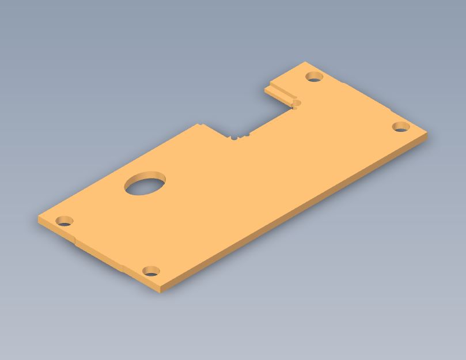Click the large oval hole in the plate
coord(145,184)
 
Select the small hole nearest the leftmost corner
coord(64,221)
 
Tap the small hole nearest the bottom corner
coord(150,271)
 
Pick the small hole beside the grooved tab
coord(314,77)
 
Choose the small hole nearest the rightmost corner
coord(401,127)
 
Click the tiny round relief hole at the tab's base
coord(297,103)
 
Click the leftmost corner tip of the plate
coord(39,218)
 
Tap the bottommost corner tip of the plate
coord(160,291)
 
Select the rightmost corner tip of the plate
coord(427,134)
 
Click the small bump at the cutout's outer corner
coord(199,124)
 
